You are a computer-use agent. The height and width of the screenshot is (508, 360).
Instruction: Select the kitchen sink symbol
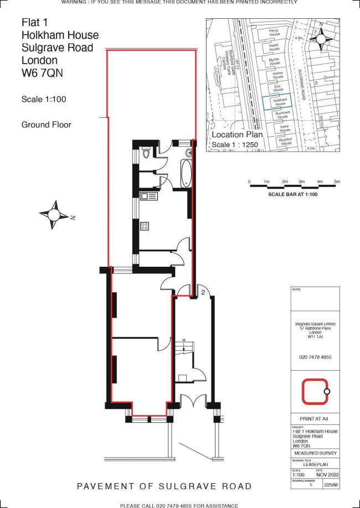coord(148,195)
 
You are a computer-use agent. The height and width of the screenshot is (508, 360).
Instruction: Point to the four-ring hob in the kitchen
coord(146,225)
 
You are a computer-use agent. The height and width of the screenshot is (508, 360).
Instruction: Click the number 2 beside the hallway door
coord(203,292)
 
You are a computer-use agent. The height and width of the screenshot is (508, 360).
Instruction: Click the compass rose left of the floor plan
coord(54,215)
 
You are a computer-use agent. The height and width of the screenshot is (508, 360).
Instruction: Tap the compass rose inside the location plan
coord(321,38)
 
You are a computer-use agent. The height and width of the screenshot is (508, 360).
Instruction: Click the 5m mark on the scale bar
coord(337,182)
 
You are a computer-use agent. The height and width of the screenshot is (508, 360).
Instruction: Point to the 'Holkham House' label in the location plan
coord(280,102)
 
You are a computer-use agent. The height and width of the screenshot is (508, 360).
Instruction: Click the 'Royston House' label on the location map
coord(285,141)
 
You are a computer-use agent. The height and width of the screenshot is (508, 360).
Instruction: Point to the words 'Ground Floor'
coord(46,125)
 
